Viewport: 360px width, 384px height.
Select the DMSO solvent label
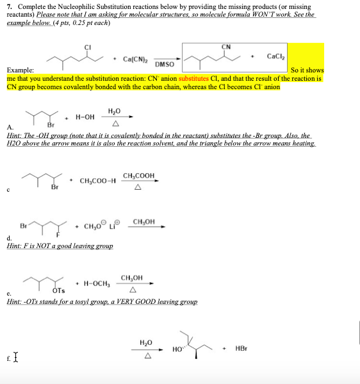coord(165,65)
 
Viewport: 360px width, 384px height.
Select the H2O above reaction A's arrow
coord(115,110)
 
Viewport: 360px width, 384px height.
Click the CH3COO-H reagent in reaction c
coord(97,180)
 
